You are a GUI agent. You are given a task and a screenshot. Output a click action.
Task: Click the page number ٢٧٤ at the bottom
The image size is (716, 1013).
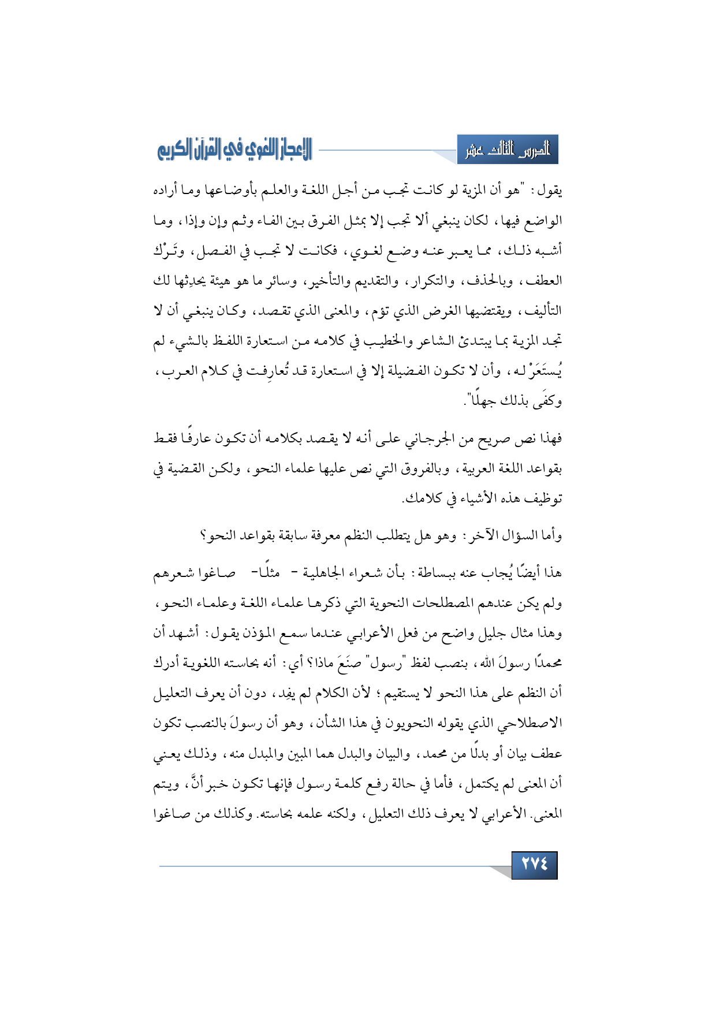click(x=534, y=865)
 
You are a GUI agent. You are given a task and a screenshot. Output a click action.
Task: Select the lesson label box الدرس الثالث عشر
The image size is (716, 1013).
click(x=508, y=150)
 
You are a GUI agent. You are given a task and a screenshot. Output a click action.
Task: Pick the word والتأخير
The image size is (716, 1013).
click(x=325, y=281)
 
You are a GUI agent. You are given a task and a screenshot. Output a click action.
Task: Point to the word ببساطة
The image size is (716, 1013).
click(x=449, y=573)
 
